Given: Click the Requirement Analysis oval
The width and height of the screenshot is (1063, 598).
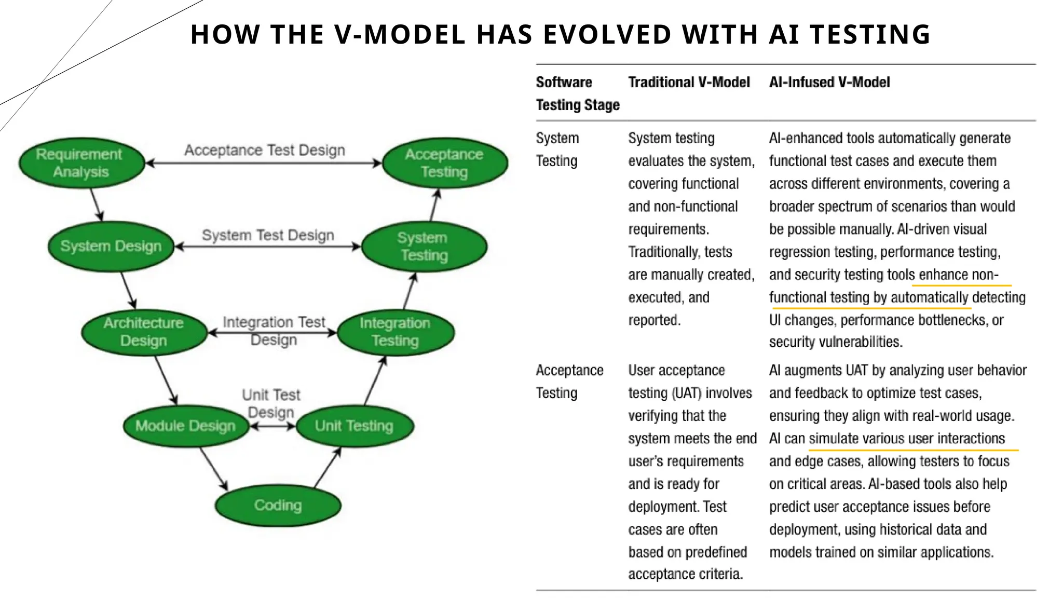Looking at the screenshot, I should [x=81, y=163].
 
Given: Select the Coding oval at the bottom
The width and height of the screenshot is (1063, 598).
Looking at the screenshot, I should [x=278, y=505].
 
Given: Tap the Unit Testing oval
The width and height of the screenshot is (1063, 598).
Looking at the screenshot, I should [x=355, y=426].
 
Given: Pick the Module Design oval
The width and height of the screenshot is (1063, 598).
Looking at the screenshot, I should [x=185, y=426].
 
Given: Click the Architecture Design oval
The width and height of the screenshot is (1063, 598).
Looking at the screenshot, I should [x=144, y=332].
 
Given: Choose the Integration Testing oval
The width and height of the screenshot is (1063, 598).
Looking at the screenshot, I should [x=396, y=332].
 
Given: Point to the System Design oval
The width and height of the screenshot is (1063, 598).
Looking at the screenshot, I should [x=111, y=246].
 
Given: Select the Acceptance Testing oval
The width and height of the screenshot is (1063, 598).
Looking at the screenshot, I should [x=444, y=163].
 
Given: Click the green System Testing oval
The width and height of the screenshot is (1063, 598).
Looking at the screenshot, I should [x=424, y=247].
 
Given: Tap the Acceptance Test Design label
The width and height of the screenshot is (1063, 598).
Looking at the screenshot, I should [x=265, y=150].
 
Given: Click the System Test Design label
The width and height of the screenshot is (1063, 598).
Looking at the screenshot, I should [x=268, y=235].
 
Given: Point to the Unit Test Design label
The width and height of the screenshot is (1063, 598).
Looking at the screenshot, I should [x=271, y=403].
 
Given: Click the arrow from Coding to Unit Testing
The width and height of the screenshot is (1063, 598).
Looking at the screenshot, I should [x=328, y=468].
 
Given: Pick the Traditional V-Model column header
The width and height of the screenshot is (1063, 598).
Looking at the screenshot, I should [x=689, y=82].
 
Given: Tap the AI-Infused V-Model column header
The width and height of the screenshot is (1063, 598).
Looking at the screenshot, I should [x=829, y=82].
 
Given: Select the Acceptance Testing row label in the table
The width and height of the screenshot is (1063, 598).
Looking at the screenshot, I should [x=569, y=382].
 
